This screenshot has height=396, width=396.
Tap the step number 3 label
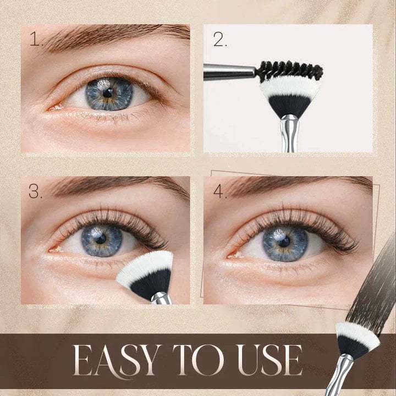coord(36,192)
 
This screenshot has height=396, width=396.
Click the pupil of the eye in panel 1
coord(108,92)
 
